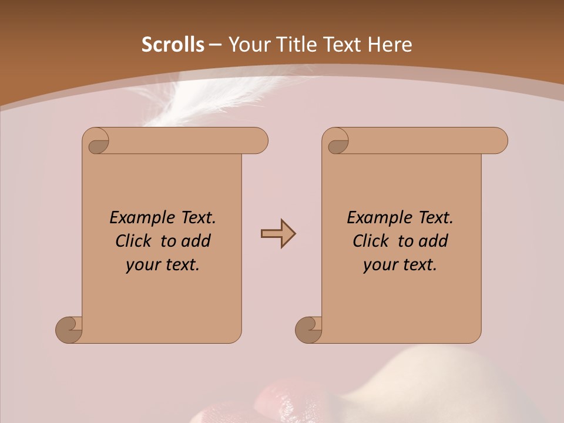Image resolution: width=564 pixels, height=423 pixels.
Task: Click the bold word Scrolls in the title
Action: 173,45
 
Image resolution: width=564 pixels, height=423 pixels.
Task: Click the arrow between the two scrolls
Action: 278,234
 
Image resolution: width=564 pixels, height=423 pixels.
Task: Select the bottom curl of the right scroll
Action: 309,330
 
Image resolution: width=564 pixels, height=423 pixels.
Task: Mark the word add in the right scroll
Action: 433,241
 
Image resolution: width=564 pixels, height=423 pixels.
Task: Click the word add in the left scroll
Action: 196,241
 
